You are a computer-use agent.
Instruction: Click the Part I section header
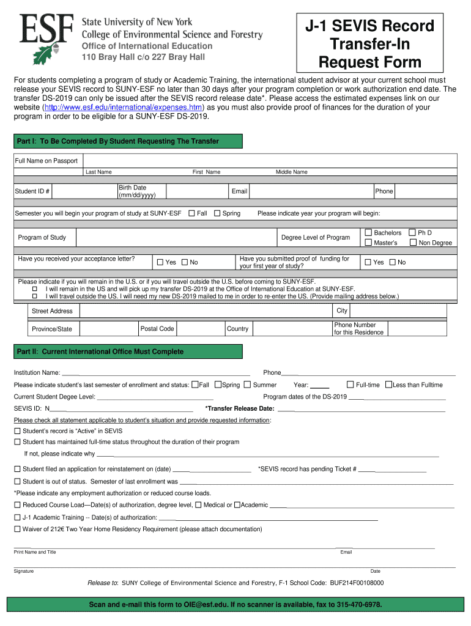tap(128, 141)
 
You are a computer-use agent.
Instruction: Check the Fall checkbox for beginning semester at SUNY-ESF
tap(191, 213)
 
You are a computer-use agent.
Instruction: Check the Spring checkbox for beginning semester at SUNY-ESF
tap(217, 213)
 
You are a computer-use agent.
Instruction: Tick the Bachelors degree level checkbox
tap(368, 232)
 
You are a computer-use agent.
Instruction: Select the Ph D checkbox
tap(412, 232)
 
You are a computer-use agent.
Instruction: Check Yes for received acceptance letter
tap(160, 262)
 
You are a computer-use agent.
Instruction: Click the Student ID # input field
tap(83, 191)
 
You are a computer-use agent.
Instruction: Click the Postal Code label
tap(157, 329)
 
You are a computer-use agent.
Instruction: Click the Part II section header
tap(128, 352)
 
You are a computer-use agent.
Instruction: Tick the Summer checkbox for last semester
tap(247, 385)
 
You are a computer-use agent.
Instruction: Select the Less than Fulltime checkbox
tap(388, 385)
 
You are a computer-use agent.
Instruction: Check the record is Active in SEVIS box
tap(17, 431)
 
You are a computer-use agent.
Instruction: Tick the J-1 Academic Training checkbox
tap(17, 518)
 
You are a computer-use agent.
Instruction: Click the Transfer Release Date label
tap(239, 408)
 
